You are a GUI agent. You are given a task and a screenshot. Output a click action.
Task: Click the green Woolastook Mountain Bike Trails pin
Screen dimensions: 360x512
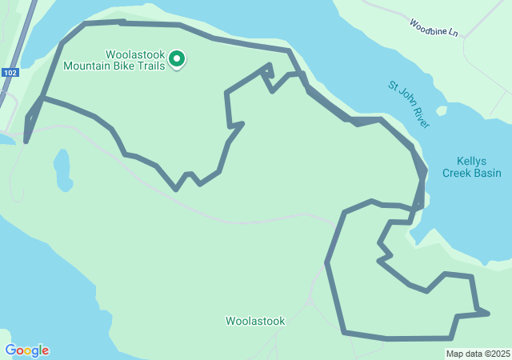click(177, 59)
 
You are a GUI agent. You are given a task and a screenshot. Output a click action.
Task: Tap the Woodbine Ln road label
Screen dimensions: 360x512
click(434, 28)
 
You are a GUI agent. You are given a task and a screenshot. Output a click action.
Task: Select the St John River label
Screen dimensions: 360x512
click(409, 104)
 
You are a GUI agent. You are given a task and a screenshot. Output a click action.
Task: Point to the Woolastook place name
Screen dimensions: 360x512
click(255, 321)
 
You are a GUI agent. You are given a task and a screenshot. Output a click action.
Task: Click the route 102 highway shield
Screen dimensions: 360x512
click(10, 72)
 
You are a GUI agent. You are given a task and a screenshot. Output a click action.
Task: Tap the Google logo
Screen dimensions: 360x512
click(26, 350)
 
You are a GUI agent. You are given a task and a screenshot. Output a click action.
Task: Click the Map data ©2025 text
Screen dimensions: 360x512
click(478, 354)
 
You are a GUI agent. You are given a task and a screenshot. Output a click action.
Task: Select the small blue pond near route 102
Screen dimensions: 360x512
click(62, 166)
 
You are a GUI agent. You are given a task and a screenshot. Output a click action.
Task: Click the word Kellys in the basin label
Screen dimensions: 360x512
click(472, 160)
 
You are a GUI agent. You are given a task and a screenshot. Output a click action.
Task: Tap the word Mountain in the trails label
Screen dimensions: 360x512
click(90, 66)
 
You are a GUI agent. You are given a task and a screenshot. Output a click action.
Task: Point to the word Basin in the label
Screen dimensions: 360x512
click(486, 173)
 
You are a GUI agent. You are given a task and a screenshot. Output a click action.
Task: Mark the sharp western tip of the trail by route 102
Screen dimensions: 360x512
click(26, 142)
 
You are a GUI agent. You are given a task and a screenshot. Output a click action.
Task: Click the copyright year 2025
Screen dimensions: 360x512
click(500, 354)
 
